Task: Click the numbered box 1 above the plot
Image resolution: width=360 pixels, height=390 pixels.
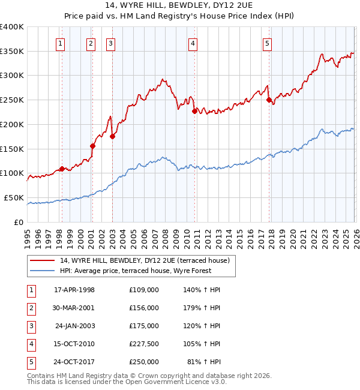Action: click(x=61, y=43)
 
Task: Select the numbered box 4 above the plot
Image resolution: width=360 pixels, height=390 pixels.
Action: click(x=193, y=43)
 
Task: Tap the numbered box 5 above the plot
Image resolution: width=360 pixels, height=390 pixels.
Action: click(x=267, y=43)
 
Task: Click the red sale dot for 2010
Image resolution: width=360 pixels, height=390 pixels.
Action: click(x=194, y=111)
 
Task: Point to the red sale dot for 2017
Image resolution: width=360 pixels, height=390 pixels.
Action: click(x=269, y=100)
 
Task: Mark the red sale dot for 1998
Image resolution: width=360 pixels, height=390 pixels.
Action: click(x=62, y=169)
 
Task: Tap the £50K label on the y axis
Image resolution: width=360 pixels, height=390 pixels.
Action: click(x=14, y=198)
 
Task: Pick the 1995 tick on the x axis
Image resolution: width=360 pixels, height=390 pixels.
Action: click(x=28, y=233)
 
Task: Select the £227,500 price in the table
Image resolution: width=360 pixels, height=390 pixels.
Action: click(x=144, y=344)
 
